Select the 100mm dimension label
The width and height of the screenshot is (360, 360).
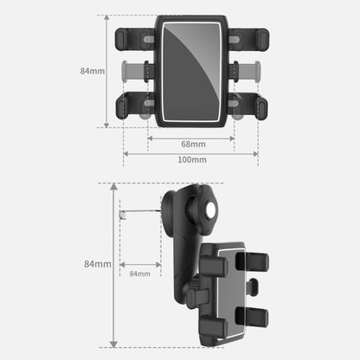191,160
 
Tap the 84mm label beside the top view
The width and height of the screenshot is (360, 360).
92,70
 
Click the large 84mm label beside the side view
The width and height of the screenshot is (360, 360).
98,263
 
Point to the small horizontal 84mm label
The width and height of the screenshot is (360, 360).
139,273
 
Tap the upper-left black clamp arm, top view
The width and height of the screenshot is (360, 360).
134,39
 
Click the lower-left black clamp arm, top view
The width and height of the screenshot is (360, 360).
134,106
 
